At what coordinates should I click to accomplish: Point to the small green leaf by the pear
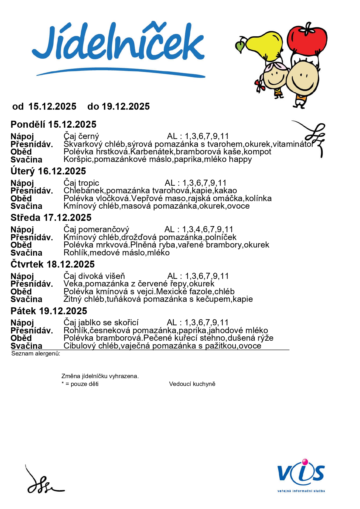240,46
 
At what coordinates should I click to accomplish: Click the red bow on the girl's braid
260,85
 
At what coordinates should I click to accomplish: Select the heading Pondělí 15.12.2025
53,124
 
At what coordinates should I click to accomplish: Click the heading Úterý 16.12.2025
48,171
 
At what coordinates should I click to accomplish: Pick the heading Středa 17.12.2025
51,218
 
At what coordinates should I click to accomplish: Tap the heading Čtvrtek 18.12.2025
53,264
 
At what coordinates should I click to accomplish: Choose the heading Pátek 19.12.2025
49,311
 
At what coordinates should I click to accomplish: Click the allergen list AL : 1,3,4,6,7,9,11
199,230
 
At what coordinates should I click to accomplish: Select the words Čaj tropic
81,183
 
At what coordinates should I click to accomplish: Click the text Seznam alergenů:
36,353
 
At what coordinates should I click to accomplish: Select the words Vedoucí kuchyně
192,384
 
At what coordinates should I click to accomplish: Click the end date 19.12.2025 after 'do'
126,107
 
